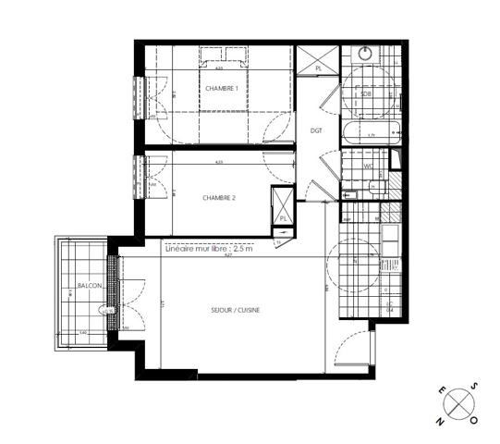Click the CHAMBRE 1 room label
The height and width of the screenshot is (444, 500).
tap(221, 88)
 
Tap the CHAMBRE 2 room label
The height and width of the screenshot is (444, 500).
tap(218, 198)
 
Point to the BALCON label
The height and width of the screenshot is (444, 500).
tap(90, 286)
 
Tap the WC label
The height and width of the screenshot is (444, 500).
tap(367, 166)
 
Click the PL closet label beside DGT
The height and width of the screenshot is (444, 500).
tap(319, 68)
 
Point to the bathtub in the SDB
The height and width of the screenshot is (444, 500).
tap(370, 134)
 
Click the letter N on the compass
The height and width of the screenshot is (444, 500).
tap(442, 420)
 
